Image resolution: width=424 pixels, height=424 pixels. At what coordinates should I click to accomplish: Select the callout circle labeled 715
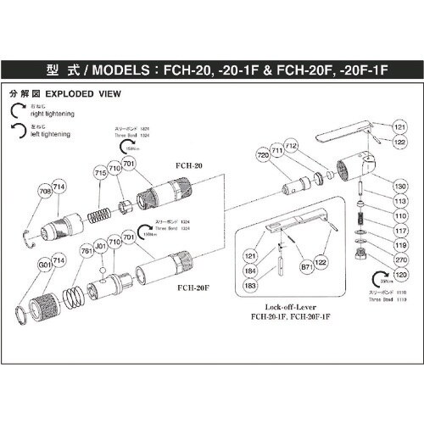pos(101,173)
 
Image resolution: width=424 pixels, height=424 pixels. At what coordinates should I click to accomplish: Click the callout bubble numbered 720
pos(263,156)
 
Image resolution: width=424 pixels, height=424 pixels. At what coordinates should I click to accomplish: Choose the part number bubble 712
pos(291,147)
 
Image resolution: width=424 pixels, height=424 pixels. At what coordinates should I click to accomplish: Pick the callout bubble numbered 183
pos(251,286)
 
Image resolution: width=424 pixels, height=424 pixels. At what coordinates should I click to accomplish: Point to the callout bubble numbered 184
pos(251,271)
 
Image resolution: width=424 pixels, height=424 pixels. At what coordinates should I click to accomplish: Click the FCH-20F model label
pos(194,287)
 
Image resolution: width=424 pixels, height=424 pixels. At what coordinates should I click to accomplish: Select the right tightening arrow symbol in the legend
pos(20,108)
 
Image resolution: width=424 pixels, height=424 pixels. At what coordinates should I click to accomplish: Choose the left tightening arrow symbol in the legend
pos(20,128)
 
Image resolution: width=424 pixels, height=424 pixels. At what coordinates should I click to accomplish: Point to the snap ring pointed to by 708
pos(29,234)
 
